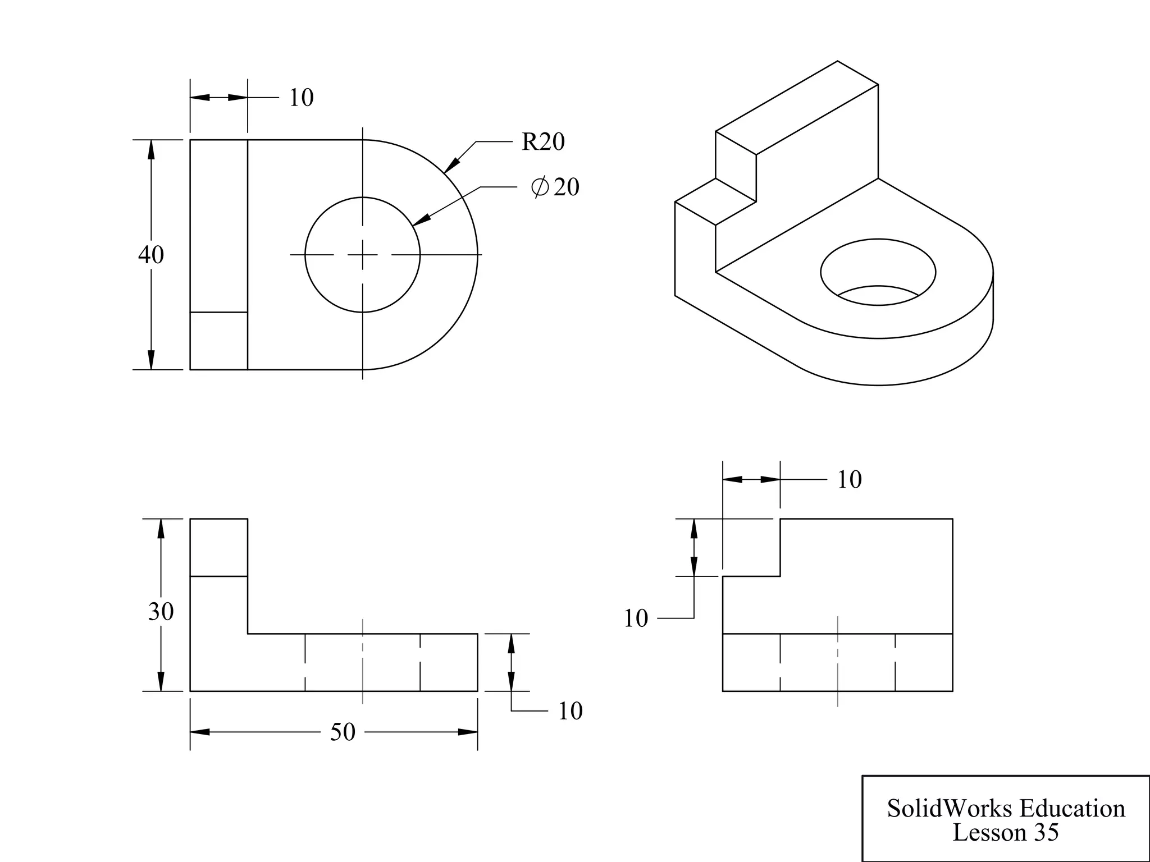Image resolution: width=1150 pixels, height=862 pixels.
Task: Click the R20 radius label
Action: [x=542, y=142]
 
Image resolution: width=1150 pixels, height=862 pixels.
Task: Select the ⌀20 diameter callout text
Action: [x=555, y=187]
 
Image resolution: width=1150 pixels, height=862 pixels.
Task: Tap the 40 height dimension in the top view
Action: [x=151, y=255]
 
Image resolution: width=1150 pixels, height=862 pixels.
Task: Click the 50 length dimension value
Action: [x=343, y=732]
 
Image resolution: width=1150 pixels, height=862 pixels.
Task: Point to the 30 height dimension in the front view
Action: [x=161, y=611]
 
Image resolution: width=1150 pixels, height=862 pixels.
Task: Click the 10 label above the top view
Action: [x=301, y=98]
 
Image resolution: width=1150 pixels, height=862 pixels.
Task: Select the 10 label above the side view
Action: [x=849, y=480]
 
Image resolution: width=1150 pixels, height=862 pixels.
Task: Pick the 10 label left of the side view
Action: [x=636, y=618]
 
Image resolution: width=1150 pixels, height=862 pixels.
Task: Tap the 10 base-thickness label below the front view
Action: [x=570, y=711]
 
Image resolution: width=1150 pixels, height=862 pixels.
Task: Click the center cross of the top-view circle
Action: [x=363, y=255]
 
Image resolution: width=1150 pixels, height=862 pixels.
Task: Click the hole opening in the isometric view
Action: [x=878, y=272]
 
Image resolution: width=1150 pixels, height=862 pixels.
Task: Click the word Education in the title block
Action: [x=1072, y=809]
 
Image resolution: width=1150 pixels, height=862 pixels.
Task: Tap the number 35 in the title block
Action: [x=1046, y=832]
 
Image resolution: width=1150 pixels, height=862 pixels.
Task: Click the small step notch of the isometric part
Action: [x=715, y=202]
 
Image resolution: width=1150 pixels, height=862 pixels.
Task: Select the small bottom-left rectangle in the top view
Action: [x=219, y=341]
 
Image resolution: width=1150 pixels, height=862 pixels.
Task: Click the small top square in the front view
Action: [x=219, y=547]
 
